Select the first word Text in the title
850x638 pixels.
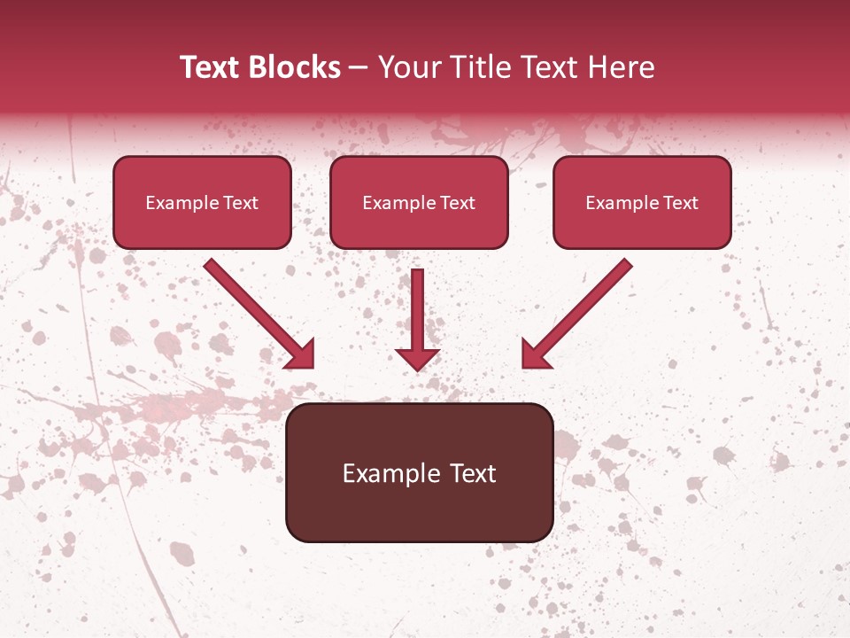click(x=212, y=67)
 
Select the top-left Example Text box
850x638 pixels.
click(x=202, y=203)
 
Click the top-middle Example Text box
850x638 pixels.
click(x=419, y=203)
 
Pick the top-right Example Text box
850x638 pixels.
click(x=642, y=203)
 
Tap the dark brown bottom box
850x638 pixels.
click(x=419, y=472)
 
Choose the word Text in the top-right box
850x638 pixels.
click(x=681, y=203)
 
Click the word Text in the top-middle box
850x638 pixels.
click(x=458, y=203)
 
